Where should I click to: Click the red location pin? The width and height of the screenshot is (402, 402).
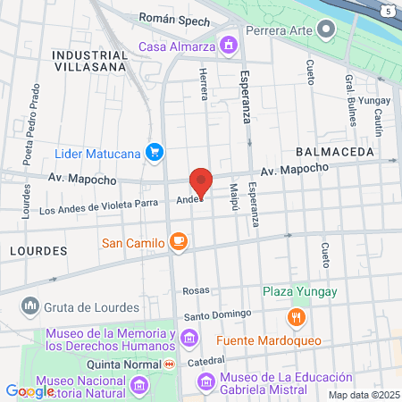click(x=201, y=181)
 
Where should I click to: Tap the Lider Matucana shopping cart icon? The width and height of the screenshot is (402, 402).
click(x=155, y=153)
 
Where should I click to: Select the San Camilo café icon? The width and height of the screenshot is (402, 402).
click(x=178, y=241)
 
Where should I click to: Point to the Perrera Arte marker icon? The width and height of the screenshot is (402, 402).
click(x=325, y=30)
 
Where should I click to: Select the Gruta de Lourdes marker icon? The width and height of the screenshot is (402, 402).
click(x=30, y=306)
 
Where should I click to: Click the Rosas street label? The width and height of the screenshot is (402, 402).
click(x=195, y=291)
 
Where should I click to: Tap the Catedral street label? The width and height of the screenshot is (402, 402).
click(x=205, y=362)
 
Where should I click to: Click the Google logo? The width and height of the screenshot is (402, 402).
click(x=29, y=390)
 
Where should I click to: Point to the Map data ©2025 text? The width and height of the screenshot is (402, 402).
click(x=364, y=395)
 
